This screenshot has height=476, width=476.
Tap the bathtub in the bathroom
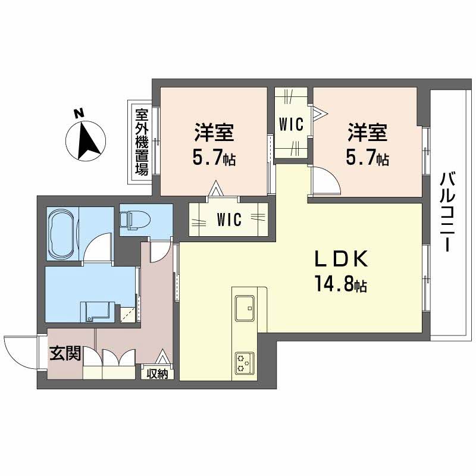[x=62, y=233]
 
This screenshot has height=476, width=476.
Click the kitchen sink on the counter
[x=245, y=306]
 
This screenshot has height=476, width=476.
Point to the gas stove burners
[x=244, y=362]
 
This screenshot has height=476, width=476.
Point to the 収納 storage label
[x=158, y=374]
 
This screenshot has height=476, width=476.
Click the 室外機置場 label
[x=141, y=142]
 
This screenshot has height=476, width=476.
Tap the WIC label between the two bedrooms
[x=292, y=124]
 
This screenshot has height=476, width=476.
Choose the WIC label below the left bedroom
[x=228, y=220]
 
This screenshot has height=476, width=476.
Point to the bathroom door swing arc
[x=98, y=249]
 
